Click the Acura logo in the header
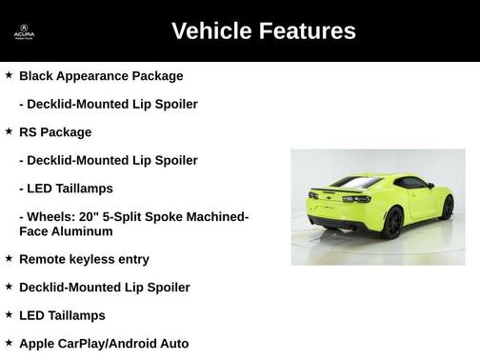(24, 30)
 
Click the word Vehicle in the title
(215, 30)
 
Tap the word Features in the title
(310, 30)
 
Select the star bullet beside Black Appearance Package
(9, 73)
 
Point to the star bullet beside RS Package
(9, 130)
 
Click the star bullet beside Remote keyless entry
(9, 257)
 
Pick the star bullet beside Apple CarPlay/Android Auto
(9, 342)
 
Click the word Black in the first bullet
(37, 75)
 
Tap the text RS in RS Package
(29, 131)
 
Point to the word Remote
(45, 259)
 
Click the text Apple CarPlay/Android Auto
(104, 344)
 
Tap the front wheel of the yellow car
(447, 208)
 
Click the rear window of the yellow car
(358, 182)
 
